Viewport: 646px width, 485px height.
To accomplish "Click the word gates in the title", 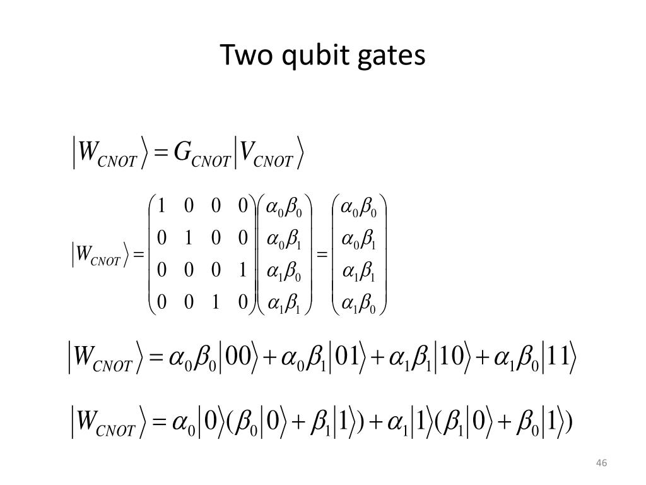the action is point(392,56).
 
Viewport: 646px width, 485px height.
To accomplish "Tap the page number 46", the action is point(601,464).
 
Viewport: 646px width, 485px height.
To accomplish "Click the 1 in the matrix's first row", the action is point(161,206).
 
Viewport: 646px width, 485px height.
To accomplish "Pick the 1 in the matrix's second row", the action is point(189,238).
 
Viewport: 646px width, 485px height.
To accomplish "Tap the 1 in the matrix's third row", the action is point(242,270).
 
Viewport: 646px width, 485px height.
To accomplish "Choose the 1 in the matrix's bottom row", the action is point(215,302).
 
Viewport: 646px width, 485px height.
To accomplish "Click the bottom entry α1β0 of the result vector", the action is point(358,304).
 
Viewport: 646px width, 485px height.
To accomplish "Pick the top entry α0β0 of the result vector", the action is point(358,207).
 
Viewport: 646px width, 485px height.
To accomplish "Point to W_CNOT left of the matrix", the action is point(97,256).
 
